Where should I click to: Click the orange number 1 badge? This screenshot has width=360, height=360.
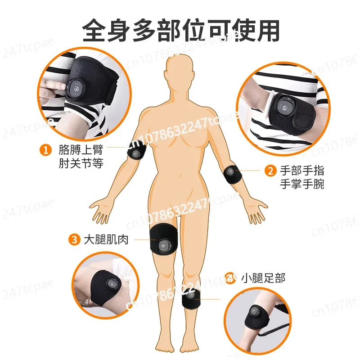45,150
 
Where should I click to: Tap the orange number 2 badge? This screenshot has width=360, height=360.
270,171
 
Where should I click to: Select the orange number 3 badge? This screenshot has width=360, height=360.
74,240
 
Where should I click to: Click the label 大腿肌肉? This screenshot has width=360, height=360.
106,240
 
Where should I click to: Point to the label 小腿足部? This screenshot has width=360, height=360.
263,278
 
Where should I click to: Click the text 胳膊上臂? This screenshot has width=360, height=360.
81,150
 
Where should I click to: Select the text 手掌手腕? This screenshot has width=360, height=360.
302,184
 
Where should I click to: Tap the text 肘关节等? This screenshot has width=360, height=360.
81,163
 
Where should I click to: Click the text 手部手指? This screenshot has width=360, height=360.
302,171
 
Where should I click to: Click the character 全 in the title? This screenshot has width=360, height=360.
94,30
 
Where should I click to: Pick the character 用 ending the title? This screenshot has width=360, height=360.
267,30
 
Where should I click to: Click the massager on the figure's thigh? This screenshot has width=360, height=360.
164,239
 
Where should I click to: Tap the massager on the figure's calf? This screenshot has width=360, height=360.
191,298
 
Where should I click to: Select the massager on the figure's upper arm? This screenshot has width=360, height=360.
137,152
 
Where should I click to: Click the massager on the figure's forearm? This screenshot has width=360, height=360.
232,174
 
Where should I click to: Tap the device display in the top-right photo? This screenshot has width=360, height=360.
285,107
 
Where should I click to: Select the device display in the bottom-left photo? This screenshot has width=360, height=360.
113,283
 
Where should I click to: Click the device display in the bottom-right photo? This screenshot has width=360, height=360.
254,312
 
